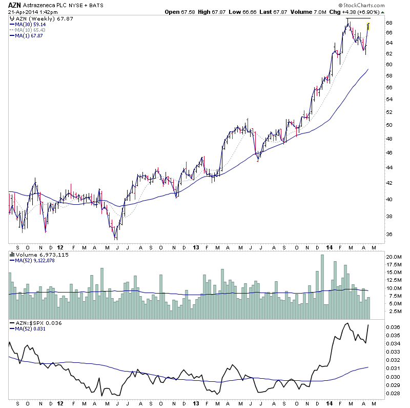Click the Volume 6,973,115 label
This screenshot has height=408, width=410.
[x=35, y=255]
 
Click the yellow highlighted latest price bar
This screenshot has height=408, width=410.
[x=369, y=26]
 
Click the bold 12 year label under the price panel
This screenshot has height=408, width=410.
[x=60, y=246]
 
